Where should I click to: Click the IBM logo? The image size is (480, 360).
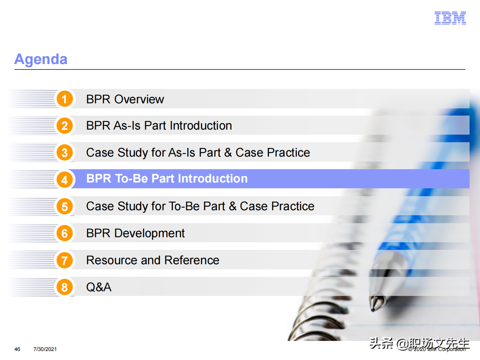point(450,18)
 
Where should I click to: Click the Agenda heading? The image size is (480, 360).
point(41,59)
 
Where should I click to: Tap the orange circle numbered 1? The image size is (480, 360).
point(64,99)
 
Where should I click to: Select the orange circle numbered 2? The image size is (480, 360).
point(64,126)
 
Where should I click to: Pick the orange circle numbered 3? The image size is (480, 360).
point(64,153)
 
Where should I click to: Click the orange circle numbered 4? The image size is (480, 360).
point(64,180)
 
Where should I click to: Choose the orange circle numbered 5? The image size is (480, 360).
point(64,206)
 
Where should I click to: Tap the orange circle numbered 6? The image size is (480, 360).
point(64,233)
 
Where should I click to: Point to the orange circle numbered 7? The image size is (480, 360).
point(64,260)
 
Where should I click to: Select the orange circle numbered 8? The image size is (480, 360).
point(64,287)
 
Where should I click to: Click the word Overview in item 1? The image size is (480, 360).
point(139,99)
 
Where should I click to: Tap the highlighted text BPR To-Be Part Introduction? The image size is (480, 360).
point(167,178)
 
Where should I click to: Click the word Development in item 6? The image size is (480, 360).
point(149,233)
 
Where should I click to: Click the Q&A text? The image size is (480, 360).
point(99,287)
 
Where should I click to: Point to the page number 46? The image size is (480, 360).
point(17,349)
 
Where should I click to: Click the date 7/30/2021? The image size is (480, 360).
point(45,349)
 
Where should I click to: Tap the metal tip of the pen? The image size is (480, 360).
point(377,303)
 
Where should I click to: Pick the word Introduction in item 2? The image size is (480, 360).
point(201,126)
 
